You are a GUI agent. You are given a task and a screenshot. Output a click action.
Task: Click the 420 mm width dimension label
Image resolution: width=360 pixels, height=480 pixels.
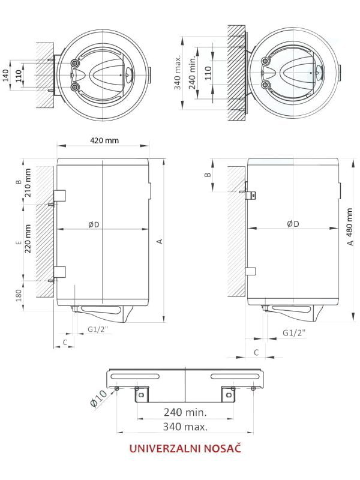104,140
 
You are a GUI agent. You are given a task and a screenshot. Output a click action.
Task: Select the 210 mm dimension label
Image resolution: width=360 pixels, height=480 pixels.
28,183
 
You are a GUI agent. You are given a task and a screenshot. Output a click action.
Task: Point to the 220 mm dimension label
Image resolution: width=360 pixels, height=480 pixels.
28,238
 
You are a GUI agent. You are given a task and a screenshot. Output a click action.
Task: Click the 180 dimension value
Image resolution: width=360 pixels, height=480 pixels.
19,295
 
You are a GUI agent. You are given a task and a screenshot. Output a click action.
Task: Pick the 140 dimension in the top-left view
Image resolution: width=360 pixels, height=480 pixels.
6,76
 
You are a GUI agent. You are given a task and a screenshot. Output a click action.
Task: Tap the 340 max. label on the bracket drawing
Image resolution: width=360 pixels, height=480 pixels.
185,427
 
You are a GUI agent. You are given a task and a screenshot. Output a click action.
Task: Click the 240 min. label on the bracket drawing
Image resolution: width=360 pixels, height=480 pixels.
185,412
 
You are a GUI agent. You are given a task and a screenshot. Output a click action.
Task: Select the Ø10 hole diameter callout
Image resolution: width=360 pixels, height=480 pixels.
98,398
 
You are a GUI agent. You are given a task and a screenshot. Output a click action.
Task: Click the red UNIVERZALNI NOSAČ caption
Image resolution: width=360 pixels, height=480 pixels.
185,448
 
